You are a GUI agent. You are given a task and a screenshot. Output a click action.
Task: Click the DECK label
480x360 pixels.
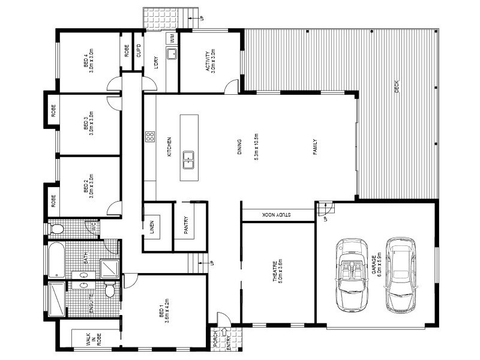click(397, 88)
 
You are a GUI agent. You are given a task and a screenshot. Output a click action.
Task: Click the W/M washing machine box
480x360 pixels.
click(171, 38)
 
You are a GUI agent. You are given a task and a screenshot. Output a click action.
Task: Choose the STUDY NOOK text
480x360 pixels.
click(276, 215)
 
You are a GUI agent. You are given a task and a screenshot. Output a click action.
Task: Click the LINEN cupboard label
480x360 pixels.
click(152, 226)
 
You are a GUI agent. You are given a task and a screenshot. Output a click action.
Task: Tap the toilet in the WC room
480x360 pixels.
click(57, 229)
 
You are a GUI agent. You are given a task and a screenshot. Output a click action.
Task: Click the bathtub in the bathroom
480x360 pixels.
click(55, 260)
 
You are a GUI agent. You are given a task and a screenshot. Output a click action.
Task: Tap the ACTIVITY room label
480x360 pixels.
click(211, 60)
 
